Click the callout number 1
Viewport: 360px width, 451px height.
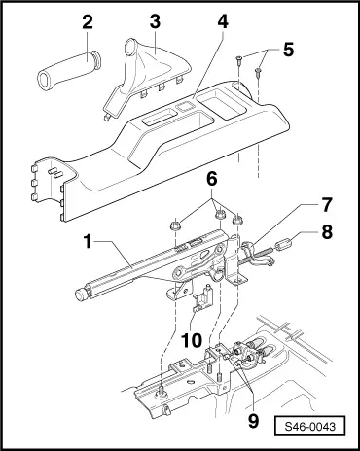(89, 242)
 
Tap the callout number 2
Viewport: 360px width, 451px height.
(88, 22)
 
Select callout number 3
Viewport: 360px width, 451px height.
(155, 21)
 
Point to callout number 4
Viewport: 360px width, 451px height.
(223, 21)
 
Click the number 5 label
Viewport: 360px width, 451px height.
(288, 50)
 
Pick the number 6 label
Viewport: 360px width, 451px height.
(212, 179)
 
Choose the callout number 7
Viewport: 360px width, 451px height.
(327, 205)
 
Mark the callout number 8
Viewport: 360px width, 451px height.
(327, 232)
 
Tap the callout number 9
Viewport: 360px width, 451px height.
(253, 421)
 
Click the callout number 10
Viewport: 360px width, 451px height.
(192, 340)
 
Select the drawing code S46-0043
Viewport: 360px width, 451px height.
(309, 426)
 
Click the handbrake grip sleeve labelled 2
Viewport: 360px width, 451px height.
(70, 70)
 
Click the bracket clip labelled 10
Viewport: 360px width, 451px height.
(202, 297)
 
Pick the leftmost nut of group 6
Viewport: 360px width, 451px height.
(175, 225)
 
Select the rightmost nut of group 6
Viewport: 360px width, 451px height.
(238, 220)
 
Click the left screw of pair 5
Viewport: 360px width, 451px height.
(238, 60)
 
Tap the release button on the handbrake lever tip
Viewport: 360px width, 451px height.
(80, 295)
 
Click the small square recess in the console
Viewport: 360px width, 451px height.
(184, 107)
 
